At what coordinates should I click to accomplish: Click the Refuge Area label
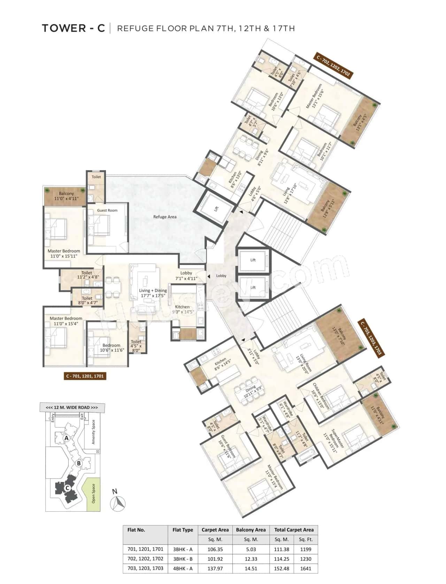point(165,217)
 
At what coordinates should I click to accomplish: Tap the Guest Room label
point(107,210)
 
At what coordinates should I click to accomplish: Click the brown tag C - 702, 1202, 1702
point(333,65)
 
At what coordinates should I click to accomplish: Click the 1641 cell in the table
point(306,568)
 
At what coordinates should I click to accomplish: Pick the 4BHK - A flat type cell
point(183,568)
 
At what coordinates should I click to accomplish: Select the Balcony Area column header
point(251,530)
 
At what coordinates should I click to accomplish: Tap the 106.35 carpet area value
point(215,549)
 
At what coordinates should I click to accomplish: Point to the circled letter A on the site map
point(66,438)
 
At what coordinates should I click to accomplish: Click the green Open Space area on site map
point(93,494)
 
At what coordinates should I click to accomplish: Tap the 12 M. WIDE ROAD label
point(72,407)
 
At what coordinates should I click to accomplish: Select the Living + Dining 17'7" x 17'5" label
point(153,293)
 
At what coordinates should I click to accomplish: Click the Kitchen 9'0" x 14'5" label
point(182,309)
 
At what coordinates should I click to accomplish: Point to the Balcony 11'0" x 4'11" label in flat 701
point(66,196)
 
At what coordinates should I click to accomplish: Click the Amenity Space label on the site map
point(93,432)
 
